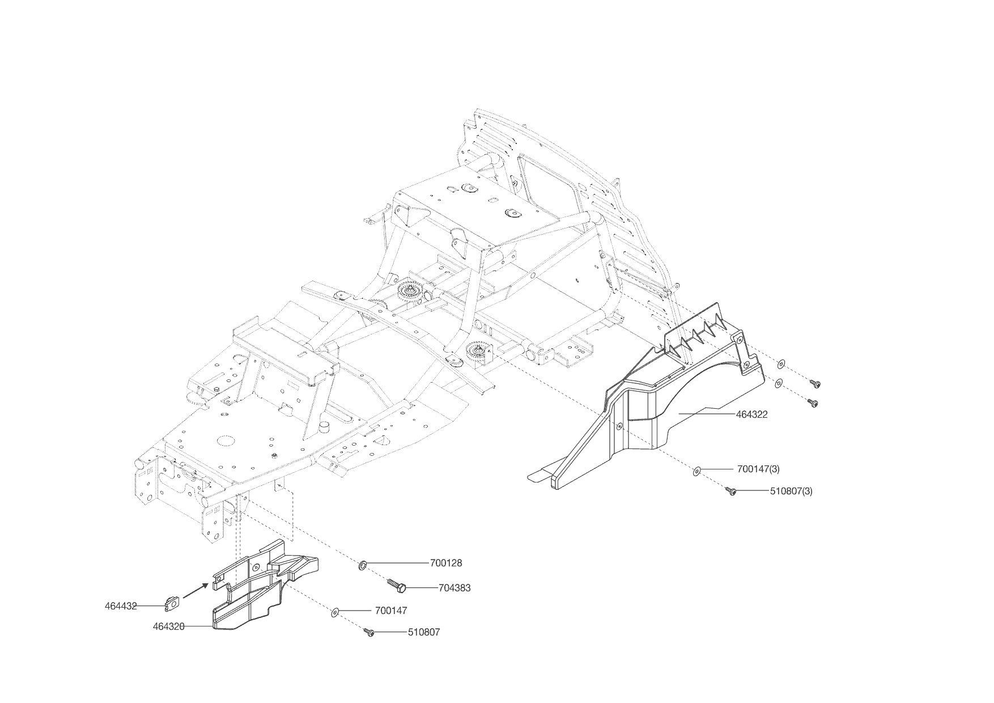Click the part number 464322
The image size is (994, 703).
[x=751, y=414]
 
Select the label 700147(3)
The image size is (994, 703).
[x=758, y=469]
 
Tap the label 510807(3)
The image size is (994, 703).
[x=791, y=491]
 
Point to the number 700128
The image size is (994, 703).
[x=446, y=563]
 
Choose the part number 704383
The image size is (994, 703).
[x=454, y=588]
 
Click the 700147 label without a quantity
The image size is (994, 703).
[x=391, y=611]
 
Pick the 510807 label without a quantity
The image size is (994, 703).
[x=423, y=632]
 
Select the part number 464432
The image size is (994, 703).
[x=121, y=605]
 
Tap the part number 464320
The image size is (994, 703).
[x=169, y=626]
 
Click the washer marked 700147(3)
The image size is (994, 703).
[x=697, y=469]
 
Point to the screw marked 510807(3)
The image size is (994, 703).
[x=732, y=492]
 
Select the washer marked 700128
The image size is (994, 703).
[x=362, y=564]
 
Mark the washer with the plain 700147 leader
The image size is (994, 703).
[x=335, y=612]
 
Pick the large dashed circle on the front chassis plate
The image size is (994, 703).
[x=226, y=441]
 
